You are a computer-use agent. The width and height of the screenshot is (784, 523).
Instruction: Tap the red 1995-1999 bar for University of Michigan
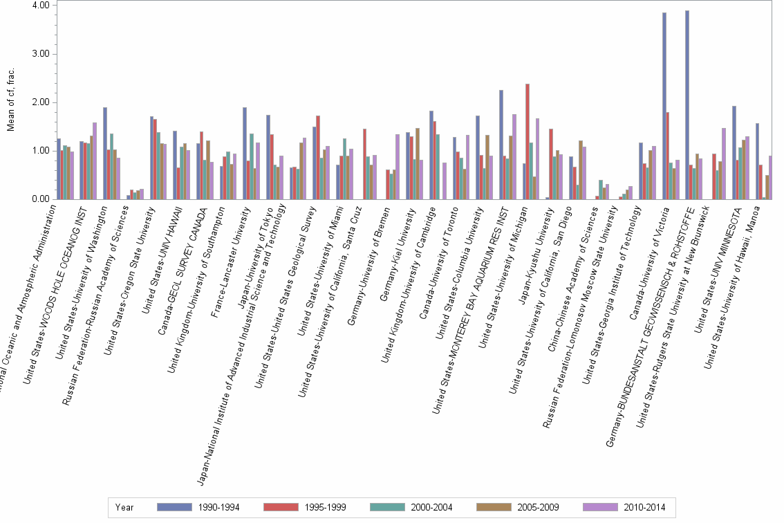click(x=528, y=142)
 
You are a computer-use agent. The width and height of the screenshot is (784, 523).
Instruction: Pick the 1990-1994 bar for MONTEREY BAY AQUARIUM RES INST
click(x=501, y=145)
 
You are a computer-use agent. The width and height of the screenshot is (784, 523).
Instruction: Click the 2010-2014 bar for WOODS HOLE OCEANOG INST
click(x=95, y=161)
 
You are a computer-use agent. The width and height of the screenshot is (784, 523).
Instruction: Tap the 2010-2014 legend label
click(x=644, y=508)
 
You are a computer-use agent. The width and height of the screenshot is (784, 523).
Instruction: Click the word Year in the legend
click(x=124, y=508)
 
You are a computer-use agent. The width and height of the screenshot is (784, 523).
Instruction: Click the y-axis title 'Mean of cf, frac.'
click(x=10, y=102)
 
